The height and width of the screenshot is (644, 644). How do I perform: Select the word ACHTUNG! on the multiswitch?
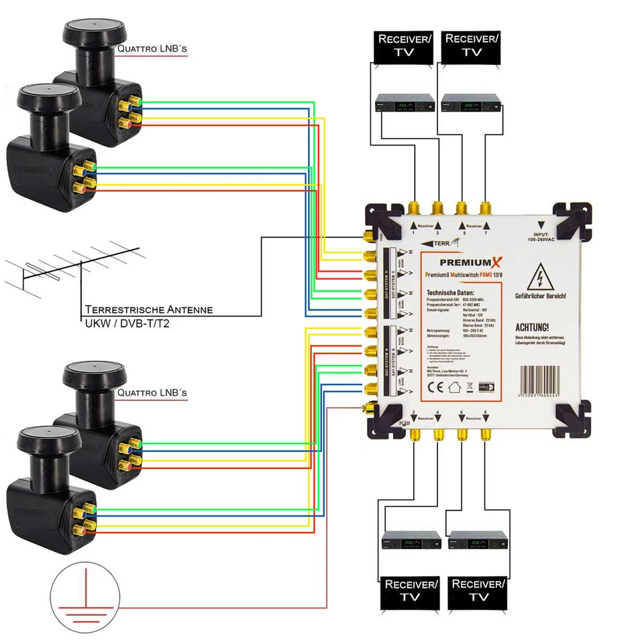[x=531, y=327]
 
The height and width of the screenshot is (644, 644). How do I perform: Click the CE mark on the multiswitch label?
[x=434, y=386]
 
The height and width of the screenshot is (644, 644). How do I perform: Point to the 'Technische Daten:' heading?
[x=449, y=293]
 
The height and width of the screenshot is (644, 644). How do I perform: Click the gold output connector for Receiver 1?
[x=413, y=205]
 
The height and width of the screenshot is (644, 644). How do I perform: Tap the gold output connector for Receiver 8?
[x=484, y=434]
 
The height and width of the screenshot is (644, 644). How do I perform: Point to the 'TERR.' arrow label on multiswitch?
[x=439, y=244]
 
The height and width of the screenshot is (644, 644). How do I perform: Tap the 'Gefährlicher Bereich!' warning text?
[x=541, y=296]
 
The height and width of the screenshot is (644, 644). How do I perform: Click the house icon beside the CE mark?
[x=454, y=386]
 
